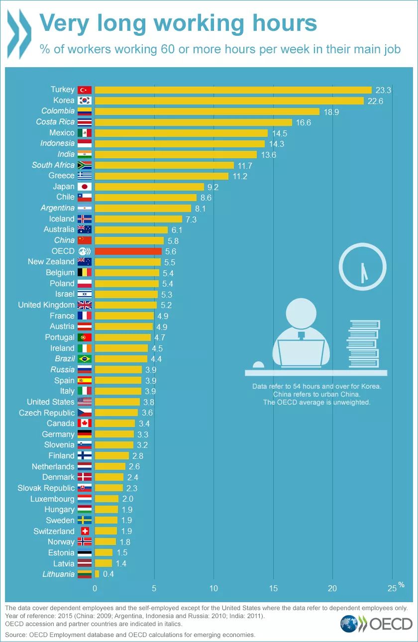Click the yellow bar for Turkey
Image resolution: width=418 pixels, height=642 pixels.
pyautogui.click(x=233, y=90)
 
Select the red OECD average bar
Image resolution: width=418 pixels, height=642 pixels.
pyautogui.click(x=128, y=251)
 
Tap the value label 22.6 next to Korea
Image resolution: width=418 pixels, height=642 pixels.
pyautogui.click(x=375, y=101)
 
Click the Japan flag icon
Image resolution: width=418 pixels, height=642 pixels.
pyautogui.click(x=85, y=187)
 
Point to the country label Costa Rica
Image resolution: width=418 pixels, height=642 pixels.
pyautogui.click(x=55, y=122)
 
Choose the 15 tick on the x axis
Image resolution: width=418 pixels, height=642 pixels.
pyautogui.click(x=273, y=588)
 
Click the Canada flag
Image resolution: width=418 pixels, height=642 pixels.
pyautogui.click(x=85, y=424)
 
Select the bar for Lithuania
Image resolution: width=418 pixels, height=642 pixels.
pyautogui.click(x=97, y=574)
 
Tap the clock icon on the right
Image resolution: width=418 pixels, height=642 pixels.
pyautogui.click(x=362, y=267)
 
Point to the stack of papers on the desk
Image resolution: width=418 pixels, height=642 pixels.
pyautogui.click(x=363, y=343)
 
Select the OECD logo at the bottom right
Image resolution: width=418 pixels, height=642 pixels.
pyautogui.click(x=377, y=624)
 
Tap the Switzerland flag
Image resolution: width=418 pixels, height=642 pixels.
pyautogui.click(x=85, y=531)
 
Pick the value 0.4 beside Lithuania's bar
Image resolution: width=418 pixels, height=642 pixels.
pyautogui.click(x=108, y=574)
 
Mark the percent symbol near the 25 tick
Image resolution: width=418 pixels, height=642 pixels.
pyautogui.click(x=401, y=584)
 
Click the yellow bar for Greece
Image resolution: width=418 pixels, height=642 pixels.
pyautogui.click(x=161, y=176)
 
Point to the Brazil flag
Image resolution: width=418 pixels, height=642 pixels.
pyautogui.click(x=85, y=359)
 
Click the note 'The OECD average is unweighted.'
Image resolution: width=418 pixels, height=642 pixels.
pyautogui.click(x=316, y=402)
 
